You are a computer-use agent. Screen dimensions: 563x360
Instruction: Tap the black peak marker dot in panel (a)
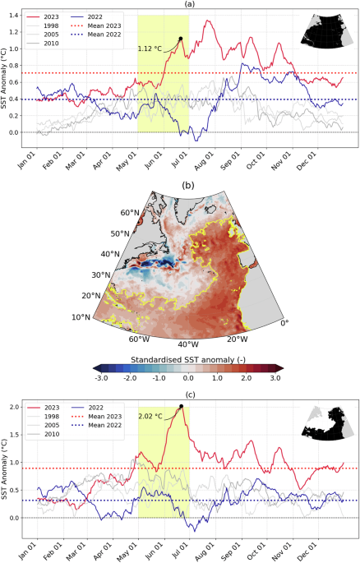click(x=180, y=39)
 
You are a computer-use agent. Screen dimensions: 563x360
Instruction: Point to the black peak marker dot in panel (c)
click(x=180, y=407)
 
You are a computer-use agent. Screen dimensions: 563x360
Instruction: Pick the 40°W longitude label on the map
click(x=187, y=344)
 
